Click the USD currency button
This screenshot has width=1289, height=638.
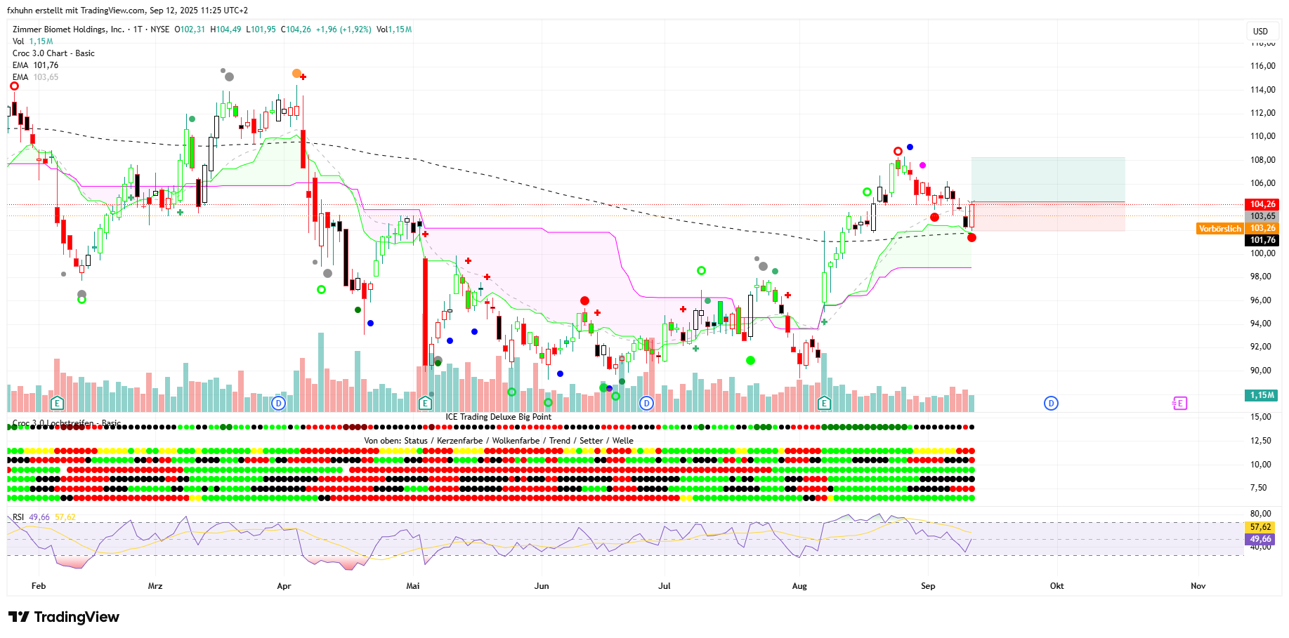tap(1260, 31)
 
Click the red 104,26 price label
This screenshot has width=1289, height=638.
tap(1262, 204)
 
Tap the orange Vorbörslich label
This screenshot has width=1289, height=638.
tap(1219, 229)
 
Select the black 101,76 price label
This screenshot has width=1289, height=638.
tap(1262, 240)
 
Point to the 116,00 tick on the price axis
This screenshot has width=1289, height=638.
tap(1262, 66)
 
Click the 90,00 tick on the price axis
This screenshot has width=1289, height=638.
tap(1260, 371)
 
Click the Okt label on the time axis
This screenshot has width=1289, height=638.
tap(1056, 586)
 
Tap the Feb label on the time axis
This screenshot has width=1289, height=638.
tap(39, 586)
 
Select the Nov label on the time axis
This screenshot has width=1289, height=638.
tap(1198, 586)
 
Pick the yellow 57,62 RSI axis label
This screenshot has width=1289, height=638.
tap(1260, 527)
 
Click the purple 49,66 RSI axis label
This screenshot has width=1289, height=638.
tap(1260, 539)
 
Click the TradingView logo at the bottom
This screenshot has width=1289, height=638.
tap(64, 617)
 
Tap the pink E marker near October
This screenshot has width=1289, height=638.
tap(1179, 403)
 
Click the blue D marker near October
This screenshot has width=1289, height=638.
tap(1051, 403)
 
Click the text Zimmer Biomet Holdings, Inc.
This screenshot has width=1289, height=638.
tap(68, 29)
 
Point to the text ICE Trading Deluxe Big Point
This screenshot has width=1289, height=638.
tap(498, 417)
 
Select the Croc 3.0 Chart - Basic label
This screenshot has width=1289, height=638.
tap(53, 53)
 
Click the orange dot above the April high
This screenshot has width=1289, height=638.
tap(296, 74)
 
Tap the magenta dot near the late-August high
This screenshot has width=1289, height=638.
tap(922, 165)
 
